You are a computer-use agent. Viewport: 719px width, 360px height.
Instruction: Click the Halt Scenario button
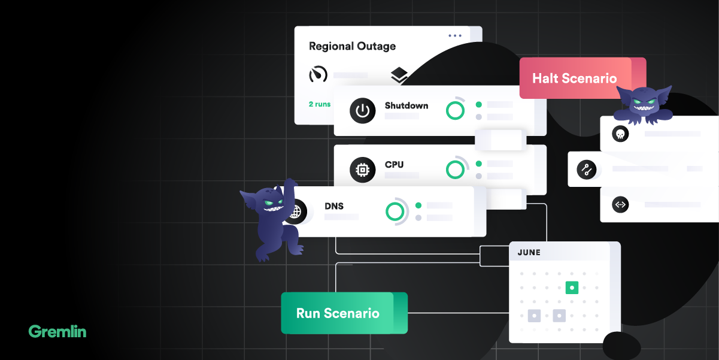574,78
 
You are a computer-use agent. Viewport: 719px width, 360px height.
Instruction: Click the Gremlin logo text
57,331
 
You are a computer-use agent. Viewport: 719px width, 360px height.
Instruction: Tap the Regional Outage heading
352,46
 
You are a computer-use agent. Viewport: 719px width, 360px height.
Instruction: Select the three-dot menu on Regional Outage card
455,36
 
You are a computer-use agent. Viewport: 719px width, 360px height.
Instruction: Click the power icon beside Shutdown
362,111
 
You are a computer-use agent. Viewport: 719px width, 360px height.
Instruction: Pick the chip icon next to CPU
362,170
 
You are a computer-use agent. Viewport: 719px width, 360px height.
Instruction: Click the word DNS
334,206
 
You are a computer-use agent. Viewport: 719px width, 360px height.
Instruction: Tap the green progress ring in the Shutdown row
456,110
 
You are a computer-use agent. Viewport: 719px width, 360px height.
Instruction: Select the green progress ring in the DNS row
395,211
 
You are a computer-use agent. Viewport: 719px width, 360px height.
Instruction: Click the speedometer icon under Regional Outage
318,74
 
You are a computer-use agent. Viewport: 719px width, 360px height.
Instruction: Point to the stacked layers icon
399,75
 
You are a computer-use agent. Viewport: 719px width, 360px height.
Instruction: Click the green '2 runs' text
319,104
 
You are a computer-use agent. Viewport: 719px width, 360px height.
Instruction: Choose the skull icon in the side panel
620,133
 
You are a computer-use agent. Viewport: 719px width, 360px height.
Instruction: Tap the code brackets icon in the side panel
620,205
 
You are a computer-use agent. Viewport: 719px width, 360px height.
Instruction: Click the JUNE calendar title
529,253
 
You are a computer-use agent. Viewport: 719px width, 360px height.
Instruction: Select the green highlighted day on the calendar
572,288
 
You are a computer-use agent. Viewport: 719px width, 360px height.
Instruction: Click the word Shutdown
406,105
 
